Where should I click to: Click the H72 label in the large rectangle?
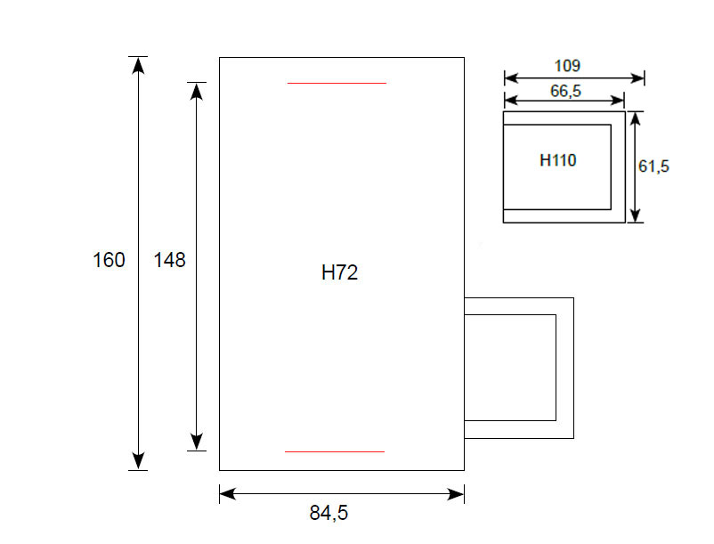tap(340, 272)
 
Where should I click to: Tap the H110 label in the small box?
tap(558, 160)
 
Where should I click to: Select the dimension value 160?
tap(109, 260)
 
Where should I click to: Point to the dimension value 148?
tap(169, 260)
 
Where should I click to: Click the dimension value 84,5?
tap(329, 513)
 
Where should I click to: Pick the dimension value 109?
tap(567, 66)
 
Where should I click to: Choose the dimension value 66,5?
tap(565, 91)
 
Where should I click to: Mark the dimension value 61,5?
tap(653, 166)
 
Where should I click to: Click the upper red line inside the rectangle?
tap(337, 84)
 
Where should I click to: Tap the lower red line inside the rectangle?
tap(335, 451)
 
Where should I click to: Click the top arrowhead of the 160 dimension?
tap(138, 65)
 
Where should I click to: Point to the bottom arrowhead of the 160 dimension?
tap(138, 461)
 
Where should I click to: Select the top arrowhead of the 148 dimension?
tap(196, 92)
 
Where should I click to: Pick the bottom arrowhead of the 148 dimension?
tap(196, 442)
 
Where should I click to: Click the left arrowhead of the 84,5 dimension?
tap(228, 494)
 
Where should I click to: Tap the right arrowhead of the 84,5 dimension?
tap(456, 494)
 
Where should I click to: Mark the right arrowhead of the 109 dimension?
tap(637, 78)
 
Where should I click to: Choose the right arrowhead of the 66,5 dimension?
tap(617, 100)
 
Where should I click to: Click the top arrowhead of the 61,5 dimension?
tap(636, 118)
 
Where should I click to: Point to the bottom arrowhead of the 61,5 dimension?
tap(636, 215)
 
